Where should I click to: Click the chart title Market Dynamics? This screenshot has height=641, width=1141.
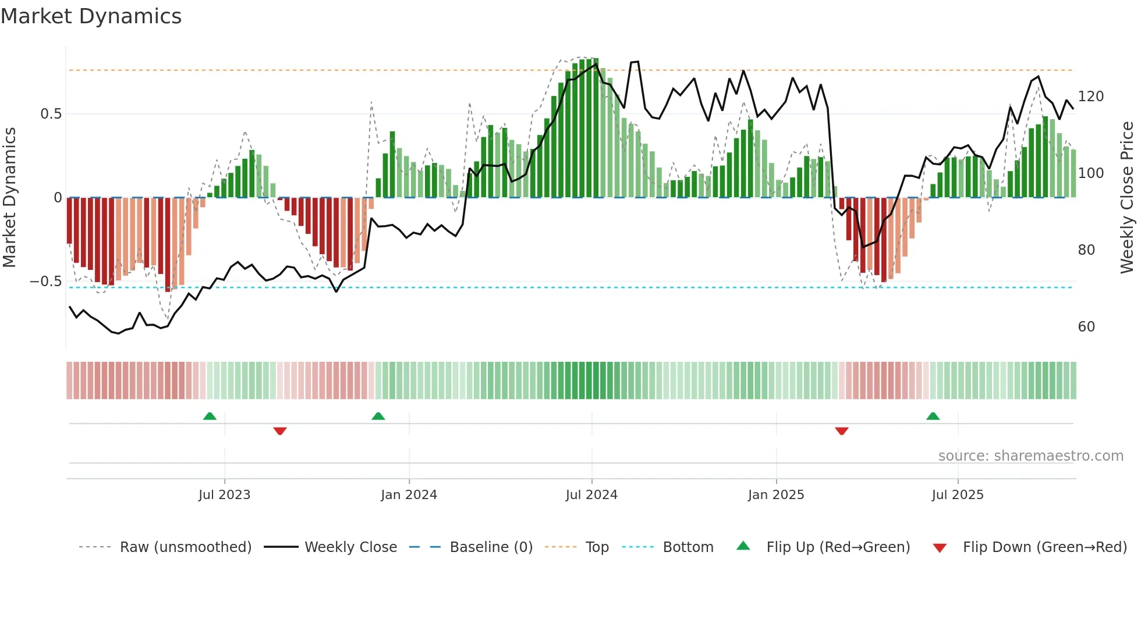(x=91, y=16)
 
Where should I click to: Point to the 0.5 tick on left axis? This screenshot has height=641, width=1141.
(x=51, y=114)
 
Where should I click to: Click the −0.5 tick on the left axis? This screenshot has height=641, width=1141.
(x=46, y=282)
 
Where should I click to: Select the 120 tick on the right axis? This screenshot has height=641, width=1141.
(x=1090, y=97)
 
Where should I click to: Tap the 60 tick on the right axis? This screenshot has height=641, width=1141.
(x=1086, y=327)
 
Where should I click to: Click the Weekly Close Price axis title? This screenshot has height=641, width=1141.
(x=1127, y=198)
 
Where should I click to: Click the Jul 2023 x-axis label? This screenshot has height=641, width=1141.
(x=224, y=495)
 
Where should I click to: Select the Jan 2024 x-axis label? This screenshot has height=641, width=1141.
(x=409, y=495)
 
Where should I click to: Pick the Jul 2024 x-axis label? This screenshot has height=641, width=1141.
(x=591, y=495)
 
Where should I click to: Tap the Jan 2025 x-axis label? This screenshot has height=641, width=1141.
(x=776, y=495)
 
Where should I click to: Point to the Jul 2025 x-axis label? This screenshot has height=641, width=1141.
(x=958, y=495)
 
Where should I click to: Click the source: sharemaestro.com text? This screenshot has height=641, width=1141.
(x=1030, y=456)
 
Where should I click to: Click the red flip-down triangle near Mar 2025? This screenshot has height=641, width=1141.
(x=842, y=431)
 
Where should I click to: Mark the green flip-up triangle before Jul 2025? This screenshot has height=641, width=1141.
(x=933, y=416)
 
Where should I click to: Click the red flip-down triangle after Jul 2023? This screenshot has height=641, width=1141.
(x=280, y=431)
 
